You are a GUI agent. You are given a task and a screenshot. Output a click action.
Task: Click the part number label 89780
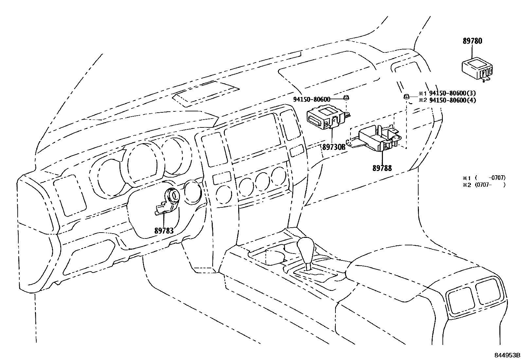[472, 41]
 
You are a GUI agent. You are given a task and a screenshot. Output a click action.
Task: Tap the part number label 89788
[382, 168]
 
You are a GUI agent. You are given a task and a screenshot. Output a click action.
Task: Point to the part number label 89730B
[333, 147]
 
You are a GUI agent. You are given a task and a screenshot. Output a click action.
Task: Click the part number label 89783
[164, 231]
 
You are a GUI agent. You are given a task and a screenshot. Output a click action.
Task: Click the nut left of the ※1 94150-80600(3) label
[405, 96]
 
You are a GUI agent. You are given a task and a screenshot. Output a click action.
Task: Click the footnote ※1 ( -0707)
[484, 178]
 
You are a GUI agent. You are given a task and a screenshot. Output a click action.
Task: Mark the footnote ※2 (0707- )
[484, 185]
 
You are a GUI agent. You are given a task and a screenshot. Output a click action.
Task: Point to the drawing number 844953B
[507, 355]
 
